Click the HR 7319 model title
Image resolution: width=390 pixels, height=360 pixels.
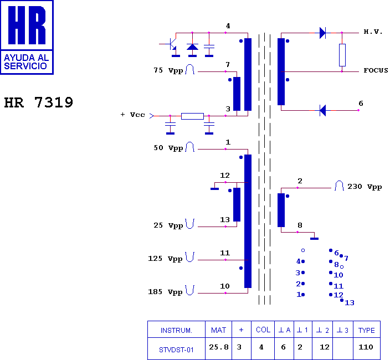click(39, 102)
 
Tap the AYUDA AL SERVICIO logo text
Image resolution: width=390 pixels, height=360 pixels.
click(26, 61)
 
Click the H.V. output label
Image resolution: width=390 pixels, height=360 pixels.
click(373, 32)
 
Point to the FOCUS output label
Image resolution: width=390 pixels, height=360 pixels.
click(376, 70)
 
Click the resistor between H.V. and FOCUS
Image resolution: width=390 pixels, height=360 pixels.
click(342, 55)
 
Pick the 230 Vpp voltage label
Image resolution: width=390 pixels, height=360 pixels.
click(365, 187)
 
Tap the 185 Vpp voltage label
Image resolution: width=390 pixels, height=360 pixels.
click(165, 292)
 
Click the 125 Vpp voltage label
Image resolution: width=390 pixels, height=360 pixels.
click(165, 259)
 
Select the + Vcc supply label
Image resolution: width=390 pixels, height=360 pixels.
click(132, 115)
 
